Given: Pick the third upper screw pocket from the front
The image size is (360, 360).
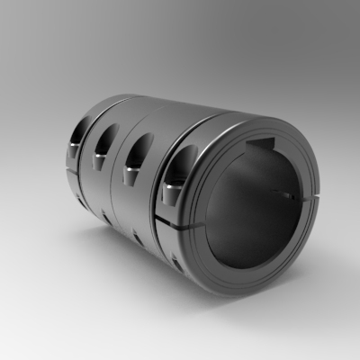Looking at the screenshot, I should (103, 139).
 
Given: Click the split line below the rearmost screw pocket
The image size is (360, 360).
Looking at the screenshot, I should (69, 166).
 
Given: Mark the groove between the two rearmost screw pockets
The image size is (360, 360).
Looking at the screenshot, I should (88, 135).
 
